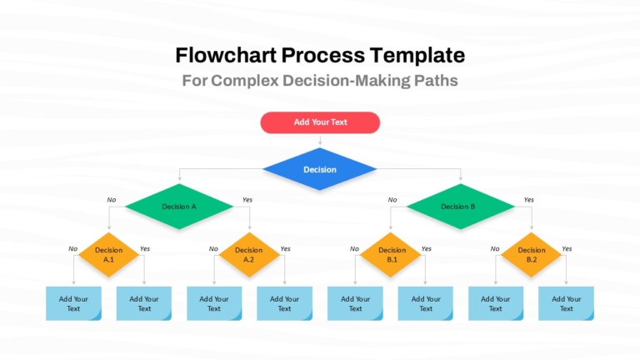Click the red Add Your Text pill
pyautogui.click(x=320, y=122)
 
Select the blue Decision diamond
pyautogui.click(x=320, y=169)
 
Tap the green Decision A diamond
pyautogui.click(x=179, y=207)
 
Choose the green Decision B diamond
pyautogui.click(x=460, y=207)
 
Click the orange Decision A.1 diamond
pyautogui.click(x=108, y=255)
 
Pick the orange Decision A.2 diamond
pyautogui.click(x=249, y=255)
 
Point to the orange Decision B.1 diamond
pyautogui.click(x=391, y=255)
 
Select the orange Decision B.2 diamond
pyautogui.click(x=532, y=255)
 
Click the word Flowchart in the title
pyautogui.click(x=226, y=55)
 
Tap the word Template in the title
pyautogui.click(x=417, y=56)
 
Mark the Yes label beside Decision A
pyautogui.click(x=247, y=200)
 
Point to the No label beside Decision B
pyautogui.click(x=392, y=200)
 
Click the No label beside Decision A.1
pyautogui.click(x=72, y=248)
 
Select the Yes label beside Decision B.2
pyautogui.click(x=567, y=248)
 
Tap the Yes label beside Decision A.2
pyautogui.click(x=285, y=248)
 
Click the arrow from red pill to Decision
pyautogui.click(x=320, y=140)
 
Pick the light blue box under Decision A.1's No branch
pyautogui.click(x=73, y=303)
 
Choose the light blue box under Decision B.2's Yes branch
pyautogui.click(x=566, y=303)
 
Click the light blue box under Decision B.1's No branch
pyautogui.click(x=355, y=303)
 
